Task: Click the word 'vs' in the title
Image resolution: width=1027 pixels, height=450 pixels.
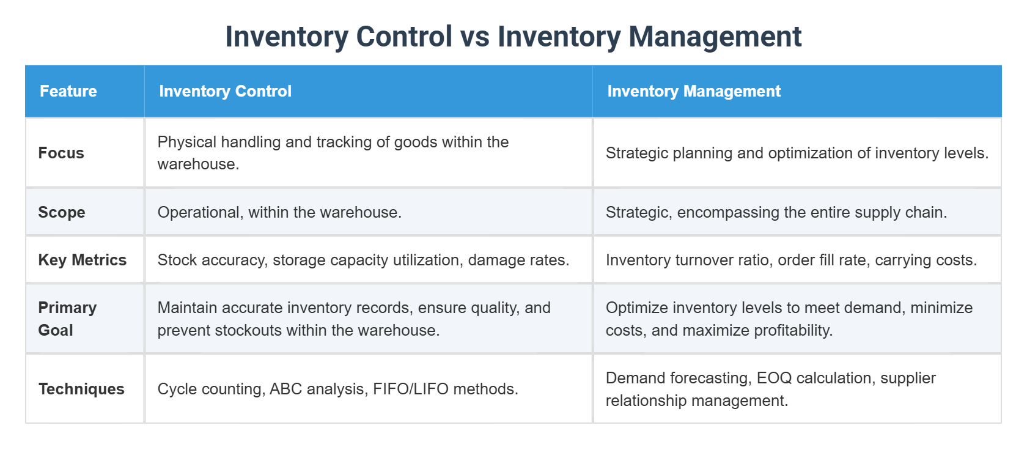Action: (x=474, y=37)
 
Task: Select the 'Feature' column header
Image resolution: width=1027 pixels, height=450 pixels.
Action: (x=68, y=91)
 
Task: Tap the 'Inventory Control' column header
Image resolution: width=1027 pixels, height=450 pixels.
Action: (x=225, y=91)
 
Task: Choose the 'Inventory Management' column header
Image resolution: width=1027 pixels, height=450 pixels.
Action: (x=694, y=91)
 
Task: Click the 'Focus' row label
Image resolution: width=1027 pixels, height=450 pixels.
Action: (x=61, y=153)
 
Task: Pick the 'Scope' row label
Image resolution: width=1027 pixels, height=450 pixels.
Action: (x=62, y=212)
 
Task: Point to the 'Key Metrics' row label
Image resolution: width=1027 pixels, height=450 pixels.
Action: (x=83, y=260)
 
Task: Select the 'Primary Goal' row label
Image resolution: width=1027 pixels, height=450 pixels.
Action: (x=67, y=319)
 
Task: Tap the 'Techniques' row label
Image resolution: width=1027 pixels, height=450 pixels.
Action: (x=81, y=389)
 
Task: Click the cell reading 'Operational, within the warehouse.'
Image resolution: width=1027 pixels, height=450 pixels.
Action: (x=279, y=212)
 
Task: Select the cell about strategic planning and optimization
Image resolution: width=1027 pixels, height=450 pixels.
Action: (x=797, y=153)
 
